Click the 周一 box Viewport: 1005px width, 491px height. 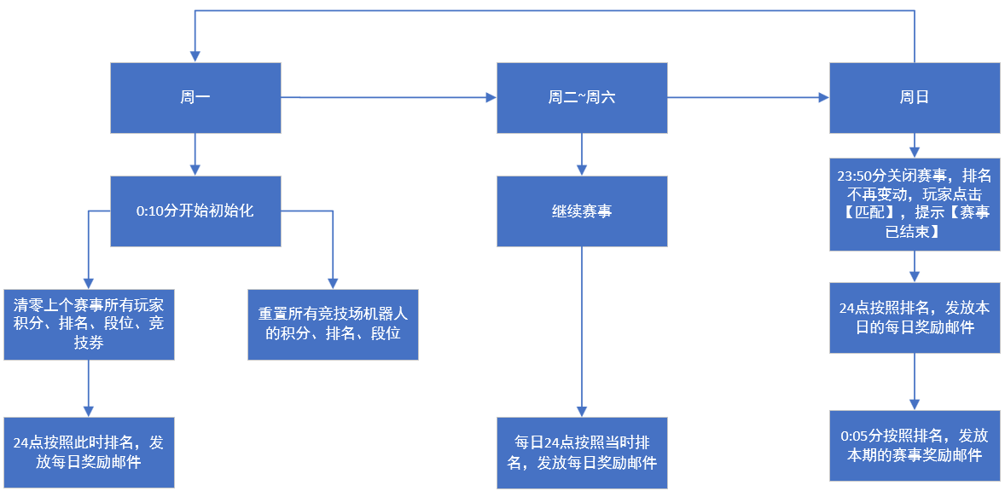195,98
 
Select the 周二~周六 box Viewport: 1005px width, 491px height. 582,98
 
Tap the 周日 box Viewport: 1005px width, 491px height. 915,98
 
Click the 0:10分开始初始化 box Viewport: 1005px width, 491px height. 195,211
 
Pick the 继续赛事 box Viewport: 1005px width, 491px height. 582,211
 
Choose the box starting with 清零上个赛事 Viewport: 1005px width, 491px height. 89,325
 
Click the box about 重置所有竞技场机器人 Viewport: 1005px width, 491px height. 334,325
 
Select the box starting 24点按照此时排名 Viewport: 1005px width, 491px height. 89,453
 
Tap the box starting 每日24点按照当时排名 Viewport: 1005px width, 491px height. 582,453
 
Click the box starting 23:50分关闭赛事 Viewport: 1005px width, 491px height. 915,205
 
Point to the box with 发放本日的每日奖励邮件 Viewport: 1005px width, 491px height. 915,317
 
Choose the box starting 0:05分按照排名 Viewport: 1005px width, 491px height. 915,446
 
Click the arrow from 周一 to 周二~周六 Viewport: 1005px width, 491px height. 389,98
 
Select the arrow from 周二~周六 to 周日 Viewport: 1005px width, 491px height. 748,98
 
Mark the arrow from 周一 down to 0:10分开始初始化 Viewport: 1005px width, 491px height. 195,154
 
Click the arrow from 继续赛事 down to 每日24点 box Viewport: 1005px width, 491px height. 582,332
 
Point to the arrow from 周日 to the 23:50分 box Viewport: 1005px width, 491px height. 915,145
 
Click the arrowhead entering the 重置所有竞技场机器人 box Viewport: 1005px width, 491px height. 334,284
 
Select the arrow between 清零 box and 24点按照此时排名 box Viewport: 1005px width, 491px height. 89,389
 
